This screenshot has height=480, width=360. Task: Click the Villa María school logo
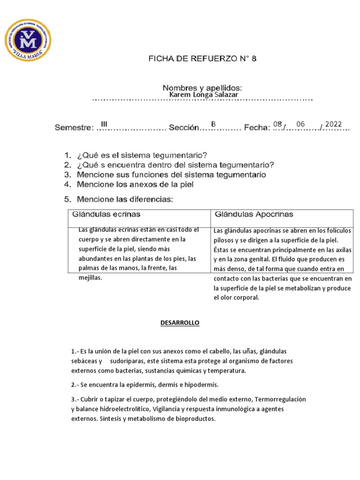[28, 39]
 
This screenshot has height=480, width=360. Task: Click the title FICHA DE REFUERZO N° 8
[202, 59]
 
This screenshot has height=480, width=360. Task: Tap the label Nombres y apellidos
[202, 88]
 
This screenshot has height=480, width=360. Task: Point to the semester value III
[104, 124]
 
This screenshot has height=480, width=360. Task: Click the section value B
[213, 124]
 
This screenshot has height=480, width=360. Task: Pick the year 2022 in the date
[334, 124]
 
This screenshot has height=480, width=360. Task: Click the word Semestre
[74, 127]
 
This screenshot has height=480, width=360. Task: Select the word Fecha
[257, 127]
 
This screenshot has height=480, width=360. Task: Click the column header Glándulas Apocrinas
[254, 214]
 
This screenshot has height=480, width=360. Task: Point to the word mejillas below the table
[90, 277]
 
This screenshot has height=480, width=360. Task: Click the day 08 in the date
[277, 124]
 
